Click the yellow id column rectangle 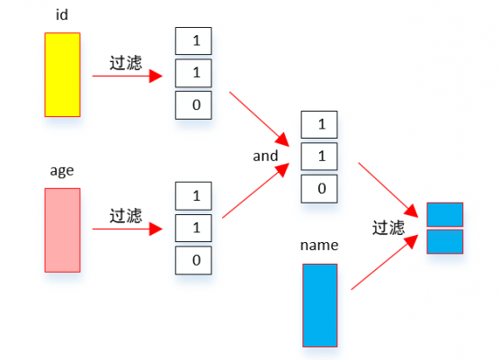[62, 75]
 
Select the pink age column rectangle [62, 229]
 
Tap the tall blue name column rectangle [320, 305]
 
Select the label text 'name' [320, 245]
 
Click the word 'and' [265, 156]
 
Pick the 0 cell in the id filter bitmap [194, 105]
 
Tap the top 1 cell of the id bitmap [194, 41]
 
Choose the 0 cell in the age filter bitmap [194, 260]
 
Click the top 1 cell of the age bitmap [194, 195]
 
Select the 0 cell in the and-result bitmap [320, 188]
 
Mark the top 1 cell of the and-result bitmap [320, 124]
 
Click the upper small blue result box [444, 214]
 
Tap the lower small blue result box [444, 241]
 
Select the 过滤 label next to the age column [126, 215]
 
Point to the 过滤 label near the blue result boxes [388, 228]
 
